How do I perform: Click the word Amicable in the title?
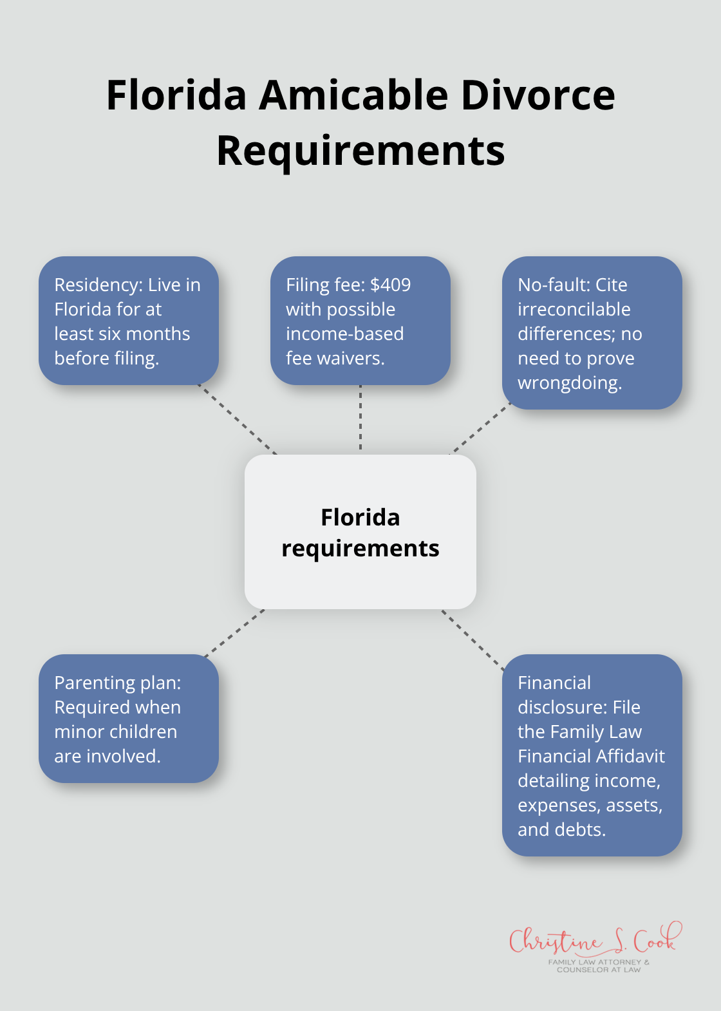(353, 95)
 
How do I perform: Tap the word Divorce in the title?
(538, 95)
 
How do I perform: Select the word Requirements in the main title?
(360, 151)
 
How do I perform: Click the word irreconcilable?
(574, 309)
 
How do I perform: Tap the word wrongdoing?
(569, 383)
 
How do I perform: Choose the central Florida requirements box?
(360, 532)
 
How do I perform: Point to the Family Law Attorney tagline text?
(599, 965)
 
